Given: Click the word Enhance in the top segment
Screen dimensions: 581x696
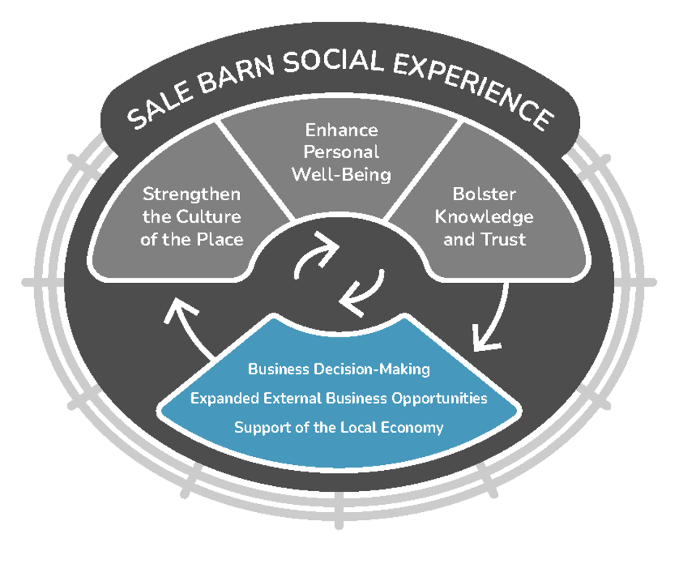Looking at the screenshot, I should coord(341,130).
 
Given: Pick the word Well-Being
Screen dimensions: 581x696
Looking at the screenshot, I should coord(341,175).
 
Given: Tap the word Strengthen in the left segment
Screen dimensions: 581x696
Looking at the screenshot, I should coord(191,194).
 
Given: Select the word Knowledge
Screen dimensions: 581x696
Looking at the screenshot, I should coord(484,217).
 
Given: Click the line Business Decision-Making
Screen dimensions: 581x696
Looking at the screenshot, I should coord(339,369).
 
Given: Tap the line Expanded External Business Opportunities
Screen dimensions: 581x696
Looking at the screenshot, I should coord(339,398).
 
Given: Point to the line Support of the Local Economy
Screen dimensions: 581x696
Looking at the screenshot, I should coord(339,427).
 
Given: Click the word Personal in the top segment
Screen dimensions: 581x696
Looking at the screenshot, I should coord(341,152).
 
